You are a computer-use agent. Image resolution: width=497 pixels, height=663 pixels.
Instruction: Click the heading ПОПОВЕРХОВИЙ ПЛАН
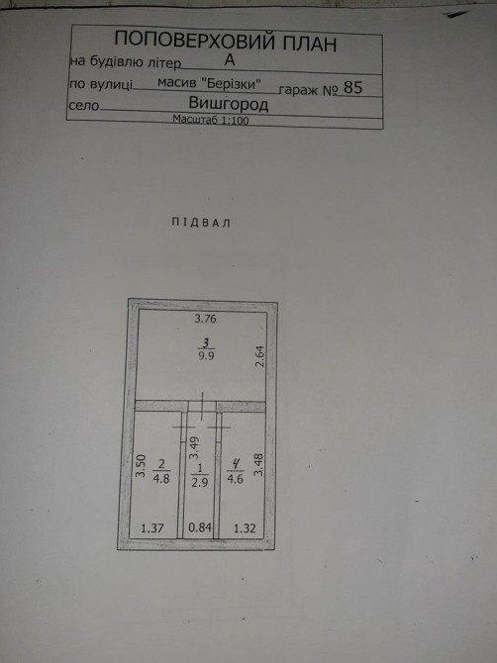(226, 42)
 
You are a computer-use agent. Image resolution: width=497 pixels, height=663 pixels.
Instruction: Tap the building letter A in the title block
(230, 60)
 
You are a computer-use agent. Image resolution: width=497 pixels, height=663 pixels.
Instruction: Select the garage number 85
(352, 87)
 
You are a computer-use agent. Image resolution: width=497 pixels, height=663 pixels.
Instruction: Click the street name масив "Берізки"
(209, 83)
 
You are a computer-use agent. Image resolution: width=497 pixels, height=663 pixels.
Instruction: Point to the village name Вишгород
(229, 104)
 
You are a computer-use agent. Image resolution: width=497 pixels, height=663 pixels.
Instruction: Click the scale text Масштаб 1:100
(211, 120)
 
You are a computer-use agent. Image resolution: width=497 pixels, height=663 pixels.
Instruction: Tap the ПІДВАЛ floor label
(201, 223)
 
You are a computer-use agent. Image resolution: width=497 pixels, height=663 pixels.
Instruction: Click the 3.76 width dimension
(205, 319)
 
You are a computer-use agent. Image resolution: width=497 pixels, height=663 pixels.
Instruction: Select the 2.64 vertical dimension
(259, 356)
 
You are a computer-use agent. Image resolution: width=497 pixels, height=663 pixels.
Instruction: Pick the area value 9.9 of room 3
(206, 355)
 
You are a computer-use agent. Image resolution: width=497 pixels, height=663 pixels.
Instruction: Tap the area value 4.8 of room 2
(161, 480)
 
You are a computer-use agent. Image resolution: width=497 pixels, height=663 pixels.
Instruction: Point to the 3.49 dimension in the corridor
(194, 448)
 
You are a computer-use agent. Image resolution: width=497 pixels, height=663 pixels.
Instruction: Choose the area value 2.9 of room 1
(200, 483)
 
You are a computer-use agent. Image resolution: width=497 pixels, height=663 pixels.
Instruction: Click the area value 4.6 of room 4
(235, 480)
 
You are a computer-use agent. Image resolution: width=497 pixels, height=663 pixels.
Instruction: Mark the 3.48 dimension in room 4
(258, 465)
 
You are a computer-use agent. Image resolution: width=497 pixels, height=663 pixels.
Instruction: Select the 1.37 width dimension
(152, 528)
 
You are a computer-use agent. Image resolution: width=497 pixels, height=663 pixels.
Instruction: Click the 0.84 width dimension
(200, 527)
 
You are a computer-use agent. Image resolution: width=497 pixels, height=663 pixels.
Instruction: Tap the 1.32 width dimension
(245, 528)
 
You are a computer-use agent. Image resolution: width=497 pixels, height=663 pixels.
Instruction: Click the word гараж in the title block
(299, 90)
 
